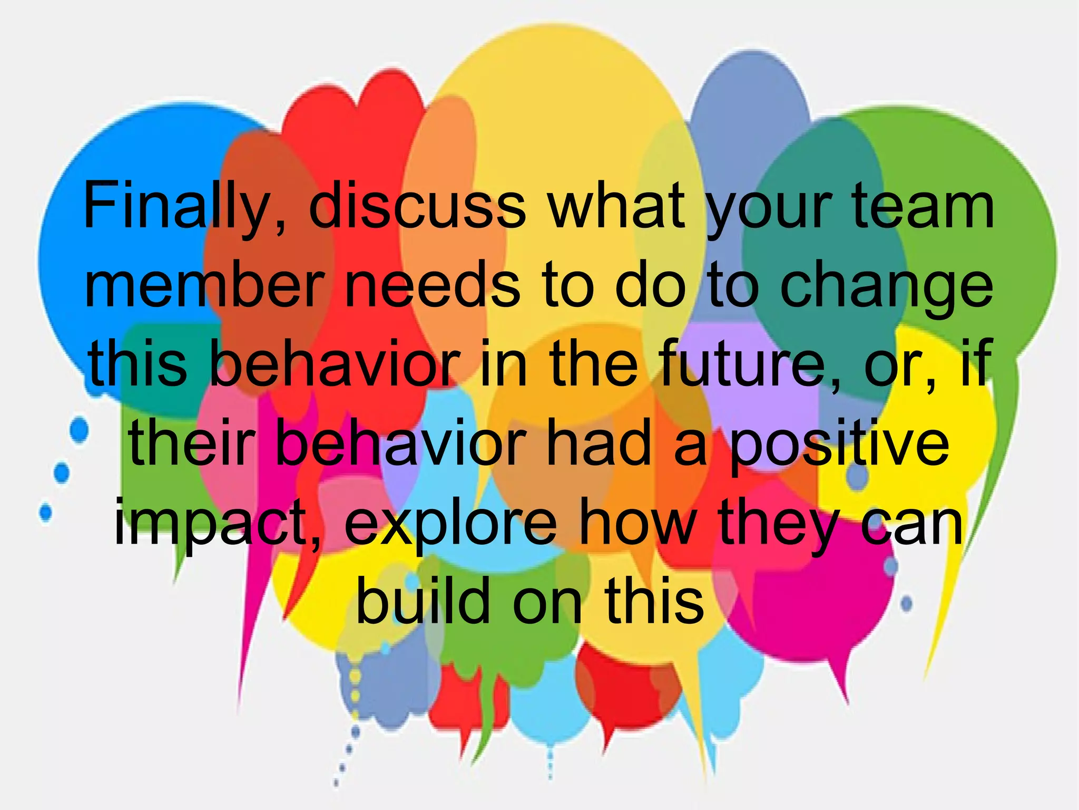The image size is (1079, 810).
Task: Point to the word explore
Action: point(451,524)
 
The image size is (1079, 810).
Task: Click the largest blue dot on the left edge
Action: point(79,429)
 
